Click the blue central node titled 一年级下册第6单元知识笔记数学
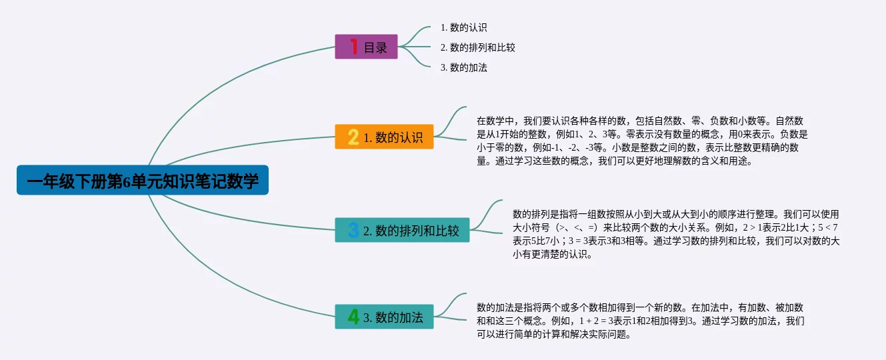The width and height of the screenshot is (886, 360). point(143,180)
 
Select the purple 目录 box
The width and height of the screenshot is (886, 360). point(366,47)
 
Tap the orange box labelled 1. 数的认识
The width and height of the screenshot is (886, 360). point(384,137)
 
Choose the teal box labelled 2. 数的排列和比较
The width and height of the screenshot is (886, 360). point(402,230)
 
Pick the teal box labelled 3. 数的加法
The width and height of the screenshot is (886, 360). point(384,317)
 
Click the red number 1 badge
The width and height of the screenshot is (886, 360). point(354,47)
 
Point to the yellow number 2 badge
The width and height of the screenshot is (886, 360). point(353,137)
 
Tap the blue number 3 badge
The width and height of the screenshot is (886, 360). point(353,230)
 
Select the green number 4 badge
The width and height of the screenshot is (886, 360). point(353,317)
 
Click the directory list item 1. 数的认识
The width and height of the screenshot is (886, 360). point(463,27)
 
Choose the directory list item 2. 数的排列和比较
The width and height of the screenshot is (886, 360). point(478,47)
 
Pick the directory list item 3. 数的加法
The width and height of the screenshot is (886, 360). point(463,67)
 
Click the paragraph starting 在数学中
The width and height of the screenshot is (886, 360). point(642,141)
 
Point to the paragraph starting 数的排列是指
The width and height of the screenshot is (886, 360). point(676,234)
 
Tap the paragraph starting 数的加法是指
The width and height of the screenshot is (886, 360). point(641,321)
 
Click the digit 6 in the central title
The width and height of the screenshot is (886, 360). point(127,181)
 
